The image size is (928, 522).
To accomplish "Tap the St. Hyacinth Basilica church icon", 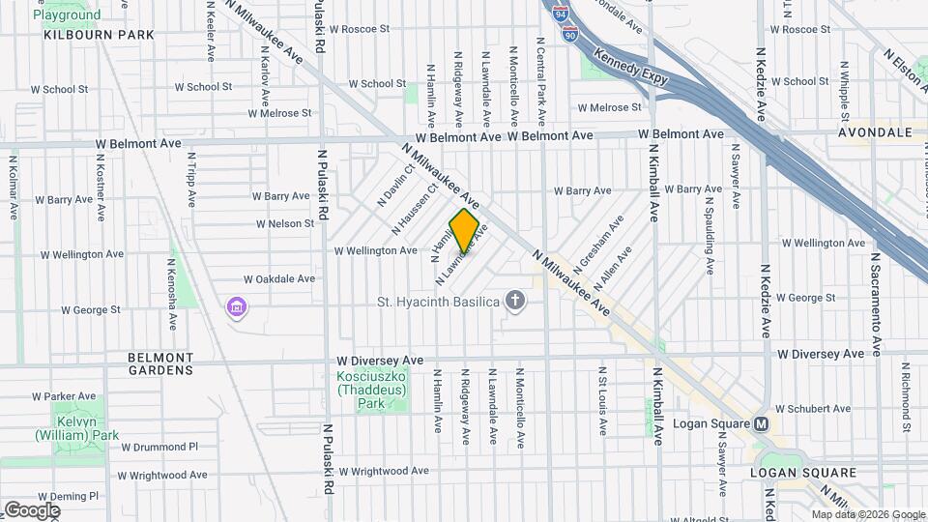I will pos(515,301).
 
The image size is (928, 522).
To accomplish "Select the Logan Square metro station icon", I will pos(761,424).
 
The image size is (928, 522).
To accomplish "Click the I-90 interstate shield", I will pos(571,36).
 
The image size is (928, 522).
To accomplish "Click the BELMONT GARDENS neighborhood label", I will pos(160,363).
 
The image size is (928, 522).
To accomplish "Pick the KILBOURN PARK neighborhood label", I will pos(99,35).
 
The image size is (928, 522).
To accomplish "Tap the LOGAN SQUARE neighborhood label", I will pos(803,473).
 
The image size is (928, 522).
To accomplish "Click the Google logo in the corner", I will pos(32,509).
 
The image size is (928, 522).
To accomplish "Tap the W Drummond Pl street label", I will pos(159,447).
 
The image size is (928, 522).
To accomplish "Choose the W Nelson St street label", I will pos(285,223).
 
